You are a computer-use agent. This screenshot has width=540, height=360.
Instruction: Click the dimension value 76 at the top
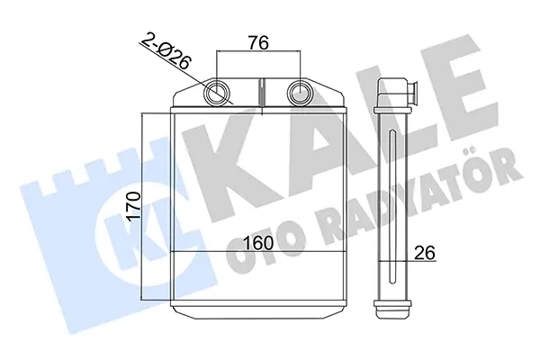coord(259,43)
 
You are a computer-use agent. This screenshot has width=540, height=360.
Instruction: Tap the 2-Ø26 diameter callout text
coord(166,50)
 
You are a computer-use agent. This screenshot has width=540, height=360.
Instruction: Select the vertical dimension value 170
coord(133,207)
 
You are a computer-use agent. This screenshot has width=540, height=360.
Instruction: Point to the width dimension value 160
coord(258,243)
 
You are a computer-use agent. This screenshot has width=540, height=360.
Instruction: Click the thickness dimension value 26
coord(425,253)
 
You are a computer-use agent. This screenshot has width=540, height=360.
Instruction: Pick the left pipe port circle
coord(217,93)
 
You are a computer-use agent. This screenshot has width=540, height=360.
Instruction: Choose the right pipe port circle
coord(300,93)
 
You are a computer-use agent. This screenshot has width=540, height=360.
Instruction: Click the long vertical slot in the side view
coord(392,207)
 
